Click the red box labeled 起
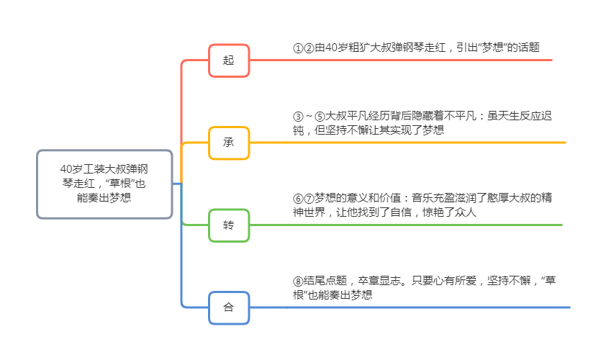(x=229, y=60)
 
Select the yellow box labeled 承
(x=229, y=143)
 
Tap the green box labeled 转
(x=229, y=225)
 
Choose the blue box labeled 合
(x=229, y=307)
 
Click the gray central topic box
(x=105, y=184)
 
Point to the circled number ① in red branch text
(x=298, y=48)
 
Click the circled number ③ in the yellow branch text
(x=298, y=116)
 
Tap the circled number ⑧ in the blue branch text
(x=298, y=281)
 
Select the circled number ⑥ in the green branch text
(x=298, y=198)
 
